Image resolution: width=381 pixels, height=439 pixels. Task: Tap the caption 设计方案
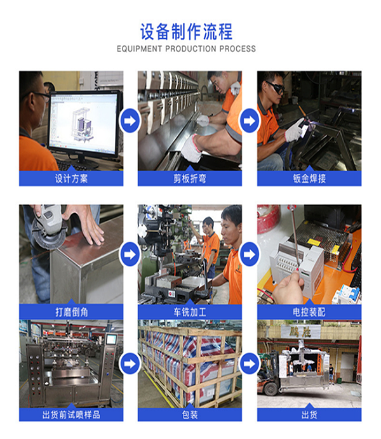pyautogui.click(x=71, y=178)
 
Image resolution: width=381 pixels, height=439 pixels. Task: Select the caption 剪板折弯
pyautogui.click(x=190, y=178)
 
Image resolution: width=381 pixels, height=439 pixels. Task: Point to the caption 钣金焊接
pyautogui.click(x=309, y=178)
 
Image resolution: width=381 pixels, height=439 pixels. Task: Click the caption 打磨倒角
pyautogui.click(x=71, y=311)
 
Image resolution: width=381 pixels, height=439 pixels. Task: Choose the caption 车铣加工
pyautogui.click(x=190, y=311)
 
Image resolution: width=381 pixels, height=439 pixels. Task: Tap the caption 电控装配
pyautogui.click(x=309, y=311)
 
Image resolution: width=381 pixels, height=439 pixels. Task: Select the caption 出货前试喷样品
pyautogui.click(x=71, y=415)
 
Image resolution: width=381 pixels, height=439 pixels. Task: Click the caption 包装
pyautogui.click(x=190, y=415)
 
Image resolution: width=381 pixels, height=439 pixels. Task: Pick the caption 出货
pyautogui.click(x=309, y=415)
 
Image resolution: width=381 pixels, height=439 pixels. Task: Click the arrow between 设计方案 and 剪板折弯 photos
pyautogui.click(x=130, y=121)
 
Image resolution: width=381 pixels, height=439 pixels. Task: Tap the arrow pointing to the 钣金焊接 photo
pyautogui.click(x=249, y=121)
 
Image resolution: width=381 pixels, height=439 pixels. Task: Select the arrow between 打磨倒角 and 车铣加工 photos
pyautogui.click(x=130, y=254)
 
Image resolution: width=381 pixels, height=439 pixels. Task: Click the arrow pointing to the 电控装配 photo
pyautogui.click(x=249, y=254)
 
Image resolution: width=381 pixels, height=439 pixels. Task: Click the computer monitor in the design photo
pyautogui.click(x=84, y=121)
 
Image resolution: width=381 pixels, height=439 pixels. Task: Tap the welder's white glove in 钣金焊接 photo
pyautogui.click(x=294, y=130)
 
